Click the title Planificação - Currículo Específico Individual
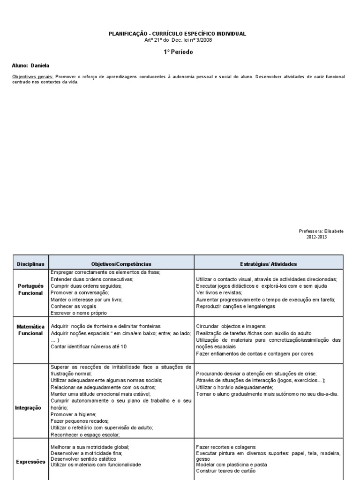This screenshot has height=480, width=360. coord(177,34)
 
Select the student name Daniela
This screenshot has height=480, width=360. coord(40,66)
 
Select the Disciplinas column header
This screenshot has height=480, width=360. coord(30,264)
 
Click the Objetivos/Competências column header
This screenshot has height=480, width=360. coord(121,264)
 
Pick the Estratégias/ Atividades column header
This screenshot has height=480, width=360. coord(269,264)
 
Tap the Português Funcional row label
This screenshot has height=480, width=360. coord(30,289)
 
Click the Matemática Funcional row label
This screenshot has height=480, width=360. coord(30,330)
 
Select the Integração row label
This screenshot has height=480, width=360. coord(29,408)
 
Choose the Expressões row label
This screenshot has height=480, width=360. coord(30,462)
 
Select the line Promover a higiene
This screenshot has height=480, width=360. coord(73,414)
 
